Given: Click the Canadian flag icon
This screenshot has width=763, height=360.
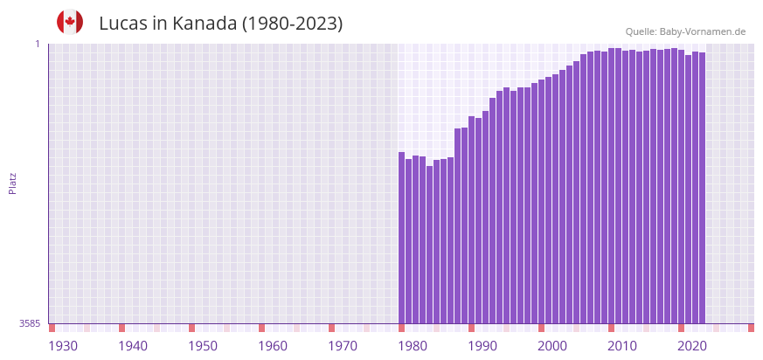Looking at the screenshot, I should (70, 22).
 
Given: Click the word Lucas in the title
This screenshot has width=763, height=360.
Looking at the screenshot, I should (123, 24).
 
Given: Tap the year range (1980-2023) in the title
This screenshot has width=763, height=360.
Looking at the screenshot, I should (292, 24).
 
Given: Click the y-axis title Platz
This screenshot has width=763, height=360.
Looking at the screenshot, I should (12, 183).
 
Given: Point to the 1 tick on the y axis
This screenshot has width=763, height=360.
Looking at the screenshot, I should (38, 44).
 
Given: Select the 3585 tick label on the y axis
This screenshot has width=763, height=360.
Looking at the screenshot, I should (31, 323).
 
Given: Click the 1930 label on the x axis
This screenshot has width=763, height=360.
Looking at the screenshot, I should (63, 346).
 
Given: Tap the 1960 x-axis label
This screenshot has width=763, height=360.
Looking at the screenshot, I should (273, 346).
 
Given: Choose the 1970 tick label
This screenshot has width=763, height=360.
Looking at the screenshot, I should (343, 346).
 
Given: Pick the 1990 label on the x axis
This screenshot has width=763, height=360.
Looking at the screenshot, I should (482, 346).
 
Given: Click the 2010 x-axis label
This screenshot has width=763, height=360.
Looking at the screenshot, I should (622, 346).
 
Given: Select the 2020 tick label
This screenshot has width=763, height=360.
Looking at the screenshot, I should (692, 346).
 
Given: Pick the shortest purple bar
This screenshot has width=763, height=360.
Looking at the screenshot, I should (430, 245).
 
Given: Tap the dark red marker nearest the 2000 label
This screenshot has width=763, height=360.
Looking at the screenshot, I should (542, 328).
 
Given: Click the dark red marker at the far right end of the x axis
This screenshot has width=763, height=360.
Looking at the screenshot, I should (751, 328).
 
